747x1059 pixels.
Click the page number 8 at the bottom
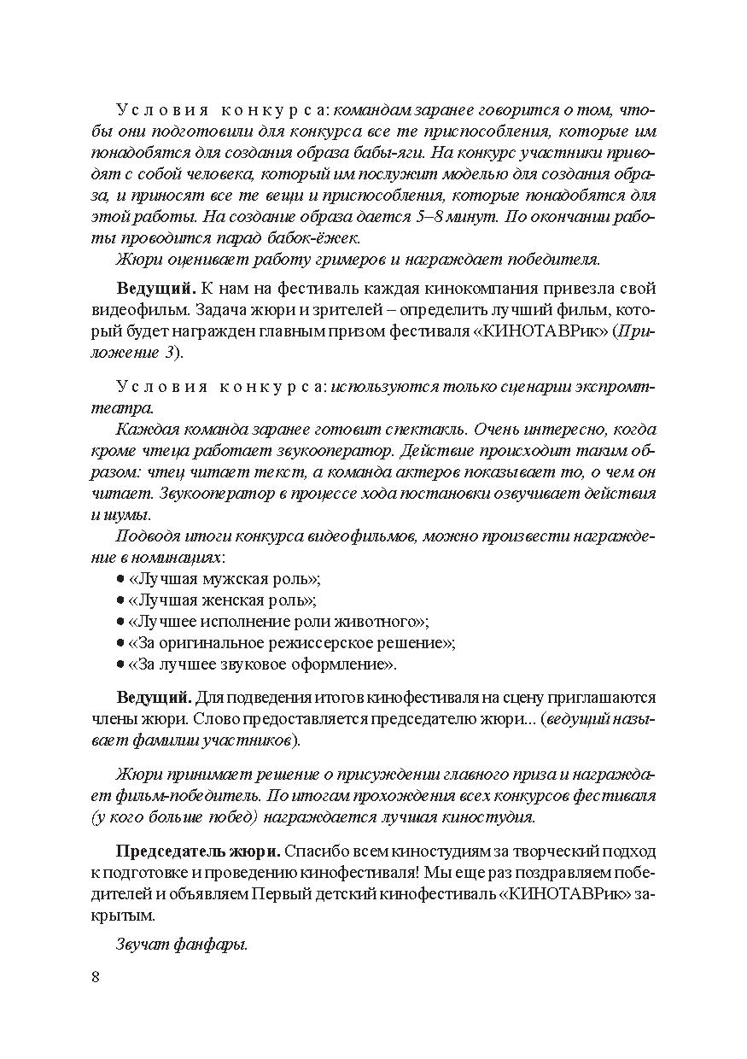pyautogui.click(x=95, y=977)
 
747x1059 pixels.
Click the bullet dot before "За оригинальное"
pyautogui.click(x=120, y=642)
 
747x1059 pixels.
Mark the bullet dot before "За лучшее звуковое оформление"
pyautogui.click(x=120, y=664)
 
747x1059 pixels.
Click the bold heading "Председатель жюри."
pyautogui.click(x=197, y=851)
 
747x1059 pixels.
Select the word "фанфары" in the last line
pyautogui.click(x=210, y=945)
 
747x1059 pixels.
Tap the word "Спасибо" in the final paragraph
pyautogui.click(x=316, y=851)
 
